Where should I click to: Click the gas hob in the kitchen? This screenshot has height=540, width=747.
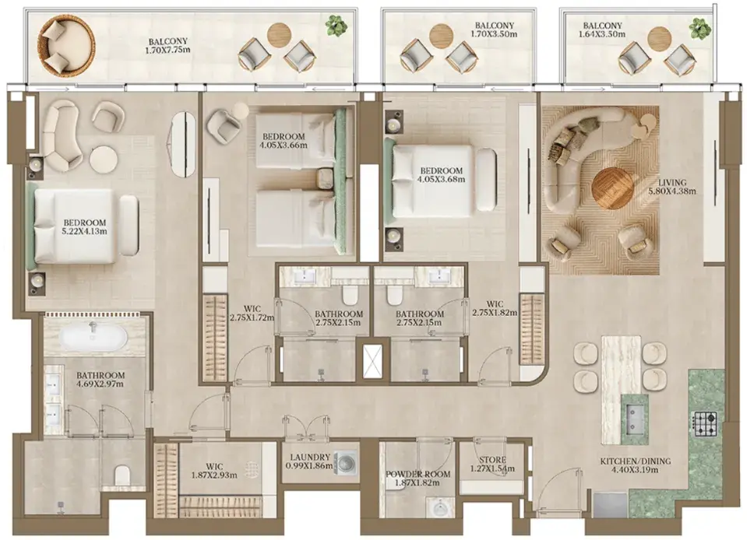705,423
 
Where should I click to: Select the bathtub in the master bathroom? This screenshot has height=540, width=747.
93,337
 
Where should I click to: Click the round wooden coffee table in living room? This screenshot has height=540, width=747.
612,188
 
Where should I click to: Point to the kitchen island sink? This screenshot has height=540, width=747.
635,419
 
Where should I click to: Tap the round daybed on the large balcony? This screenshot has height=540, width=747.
66,44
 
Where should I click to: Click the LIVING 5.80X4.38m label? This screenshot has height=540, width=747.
672,187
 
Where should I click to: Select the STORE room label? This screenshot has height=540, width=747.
492,460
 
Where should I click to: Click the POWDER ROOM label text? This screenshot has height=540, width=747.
418,475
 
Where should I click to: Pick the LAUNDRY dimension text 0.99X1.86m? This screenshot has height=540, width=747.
309,466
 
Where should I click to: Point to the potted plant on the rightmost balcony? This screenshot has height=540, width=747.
699,29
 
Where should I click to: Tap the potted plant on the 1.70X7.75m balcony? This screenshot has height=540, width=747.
337,25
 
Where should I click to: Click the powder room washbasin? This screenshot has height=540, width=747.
441,507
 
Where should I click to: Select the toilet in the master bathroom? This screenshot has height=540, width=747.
122,475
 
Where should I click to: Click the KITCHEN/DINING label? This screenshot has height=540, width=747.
635,461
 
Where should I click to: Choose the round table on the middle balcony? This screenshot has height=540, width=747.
441,35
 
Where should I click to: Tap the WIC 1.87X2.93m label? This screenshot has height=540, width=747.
214,471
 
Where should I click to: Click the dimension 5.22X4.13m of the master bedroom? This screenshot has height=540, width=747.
86,231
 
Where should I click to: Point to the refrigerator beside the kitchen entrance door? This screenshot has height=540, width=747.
610,505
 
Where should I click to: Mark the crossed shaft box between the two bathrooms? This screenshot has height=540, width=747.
374,361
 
